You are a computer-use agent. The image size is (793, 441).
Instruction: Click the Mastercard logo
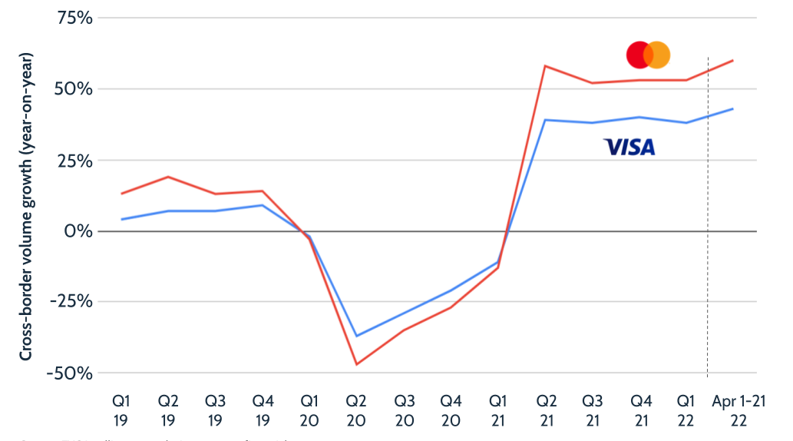point(648,55)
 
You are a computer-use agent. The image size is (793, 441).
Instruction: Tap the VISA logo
point(629,147)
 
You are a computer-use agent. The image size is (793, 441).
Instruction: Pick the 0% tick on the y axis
point(79,231)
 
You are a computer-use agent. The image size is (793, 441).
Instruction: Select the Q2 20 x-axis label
point(357,410)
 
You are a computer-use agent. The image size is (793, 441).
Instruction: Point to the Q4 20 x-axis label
point(451,410)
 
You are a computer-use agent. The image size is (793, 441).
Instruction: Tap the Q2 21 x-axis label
point(545,410)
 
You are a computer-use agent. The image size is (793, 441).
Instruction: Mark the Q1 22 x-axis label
point(686,410)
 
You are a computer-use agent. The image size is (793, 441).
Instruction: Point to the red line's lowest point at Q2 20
point(357,364)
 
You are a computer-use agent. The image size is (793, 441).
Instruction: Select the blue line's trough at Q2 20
point(357,336)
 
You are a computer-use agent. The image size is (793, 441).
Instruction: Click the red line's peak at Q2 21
point(545,66)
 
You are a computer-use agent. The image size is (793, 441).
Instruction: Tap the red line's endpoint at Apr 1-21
point(734,60)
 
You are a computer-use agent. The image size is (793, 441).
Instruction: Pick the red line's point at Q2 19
point(169,177)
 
